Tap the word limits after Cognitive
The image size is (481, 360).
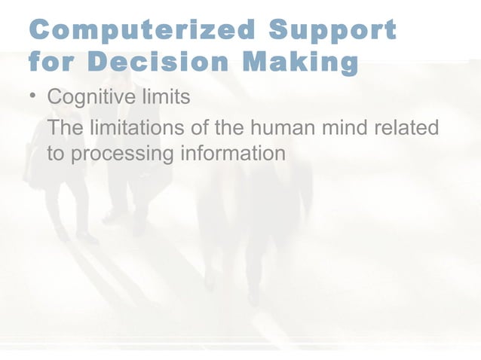tap(165, 98)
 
